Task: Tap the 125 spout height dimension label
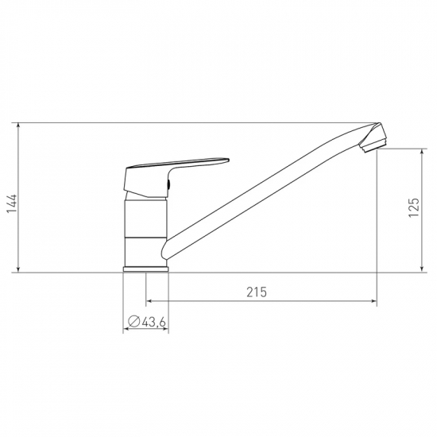(414, 207)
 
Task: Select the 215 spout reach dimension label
(257, 292)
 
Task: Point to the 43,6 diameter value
(154, 323)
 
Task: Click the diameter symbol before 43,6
(133, 322)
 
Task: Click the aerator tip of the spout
(373, 143)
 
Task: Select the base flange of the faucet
(145, 269)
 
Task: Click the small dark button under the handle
(168, 184)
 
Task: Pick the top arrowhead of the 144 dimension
(18, 126)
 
